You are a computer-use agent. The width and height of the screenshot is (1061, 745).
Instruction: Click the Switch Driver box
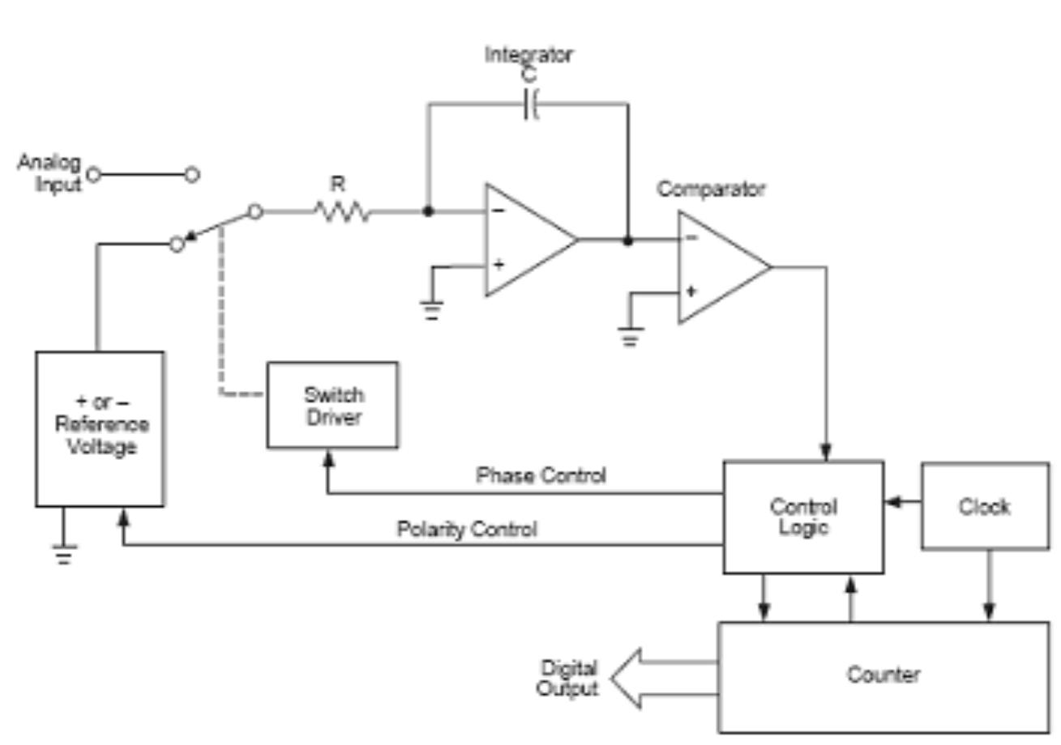(x=332, y=405)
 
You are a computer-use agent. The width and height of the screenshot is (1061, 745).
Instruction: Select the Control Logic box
(x=803, y=517)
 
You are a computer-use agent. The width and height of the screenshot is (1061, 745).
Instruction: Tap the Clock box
(x=985, y=507)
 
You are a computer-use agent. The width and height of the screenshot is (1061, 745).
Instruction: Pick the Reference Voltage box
(x=100, y=428)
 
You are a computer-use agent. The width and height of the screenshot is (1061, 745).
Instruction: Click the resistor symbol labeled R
(x=341, y=212)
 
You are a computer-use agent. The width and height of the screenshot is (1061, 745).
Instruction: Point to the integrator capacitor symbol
(x=531, y=104)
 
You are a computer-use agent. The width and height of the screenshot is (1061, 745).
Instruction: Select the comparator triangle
(x=717, y=267)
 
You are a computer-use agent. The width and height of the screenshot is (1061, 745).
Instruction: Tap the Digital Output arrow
(x=661, y=679)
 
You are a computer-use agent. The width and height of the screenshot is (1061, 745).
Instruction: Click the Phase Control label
(x=541, y=475)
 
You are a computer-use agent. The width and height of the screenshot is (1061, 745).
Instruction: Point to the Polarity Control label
(x=466, y=530)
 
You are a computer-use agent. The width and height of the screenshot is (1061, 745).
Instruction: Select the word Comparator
(x=711, y=189)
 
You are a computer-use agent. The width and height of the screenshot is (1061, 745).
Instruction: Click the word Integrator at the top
(x=528, y=55)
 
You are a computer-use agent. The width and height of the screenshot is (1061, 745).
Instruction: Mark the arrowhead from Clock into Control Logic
(x=892, y=502)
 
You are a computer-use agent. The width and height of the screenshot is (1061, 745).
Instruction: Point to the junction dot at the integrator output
(x=627, y=241)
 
